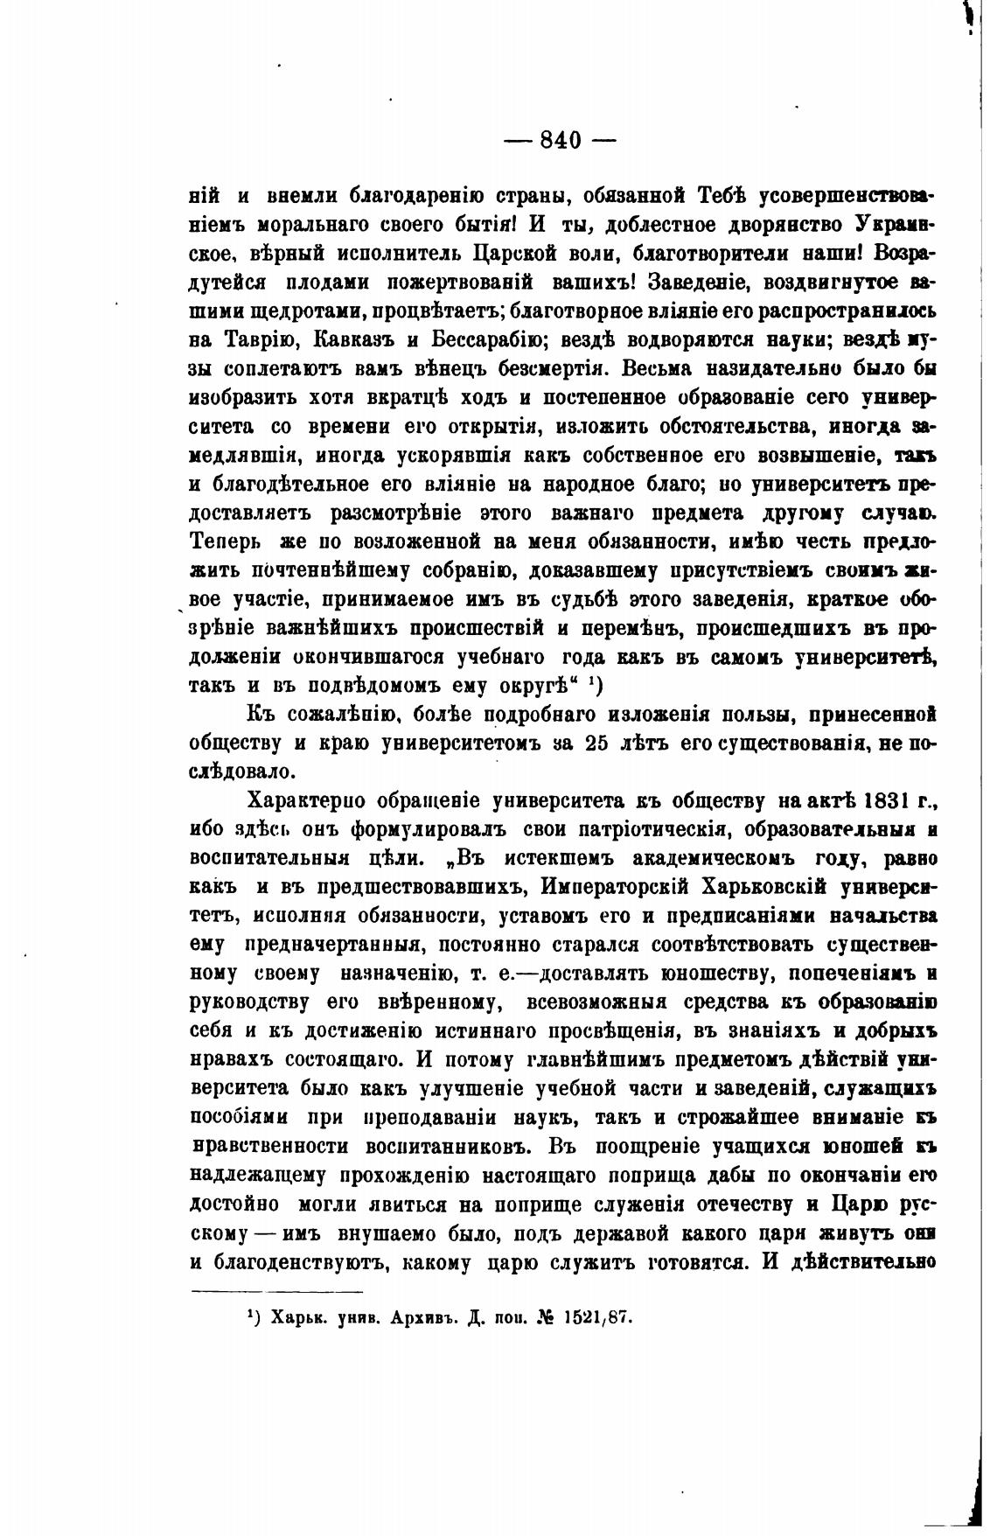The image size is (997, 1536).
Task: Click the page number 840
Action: point(561,140)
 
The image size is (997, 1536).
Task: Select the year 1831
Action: point(887,801)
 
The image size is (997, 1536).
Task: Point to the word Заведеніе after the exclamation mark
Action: point(693,283)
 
